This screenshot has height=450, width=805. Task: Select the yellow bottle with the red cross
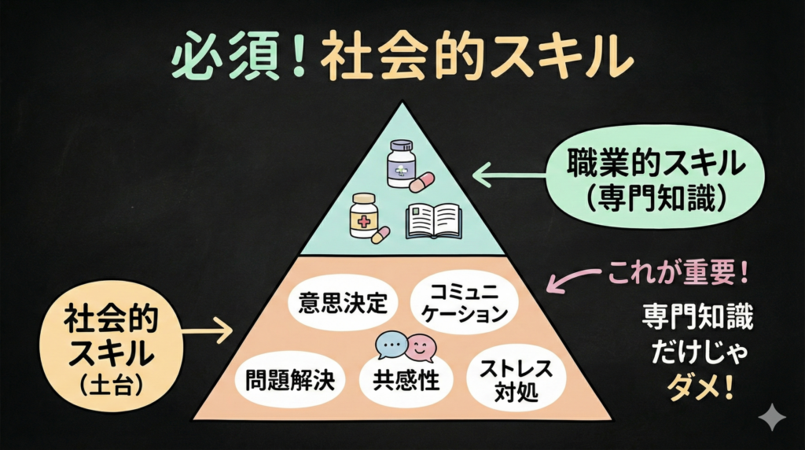click(364, 214)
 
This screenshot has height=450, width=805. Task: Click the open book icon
click(433, 220)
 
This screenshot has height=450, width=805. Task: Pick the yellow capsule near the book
click(380, 234)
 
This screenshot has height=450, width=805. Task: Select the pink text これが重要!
click(677, 275)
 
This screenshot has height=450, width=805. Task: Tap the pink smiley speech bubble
click(421, 344)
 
